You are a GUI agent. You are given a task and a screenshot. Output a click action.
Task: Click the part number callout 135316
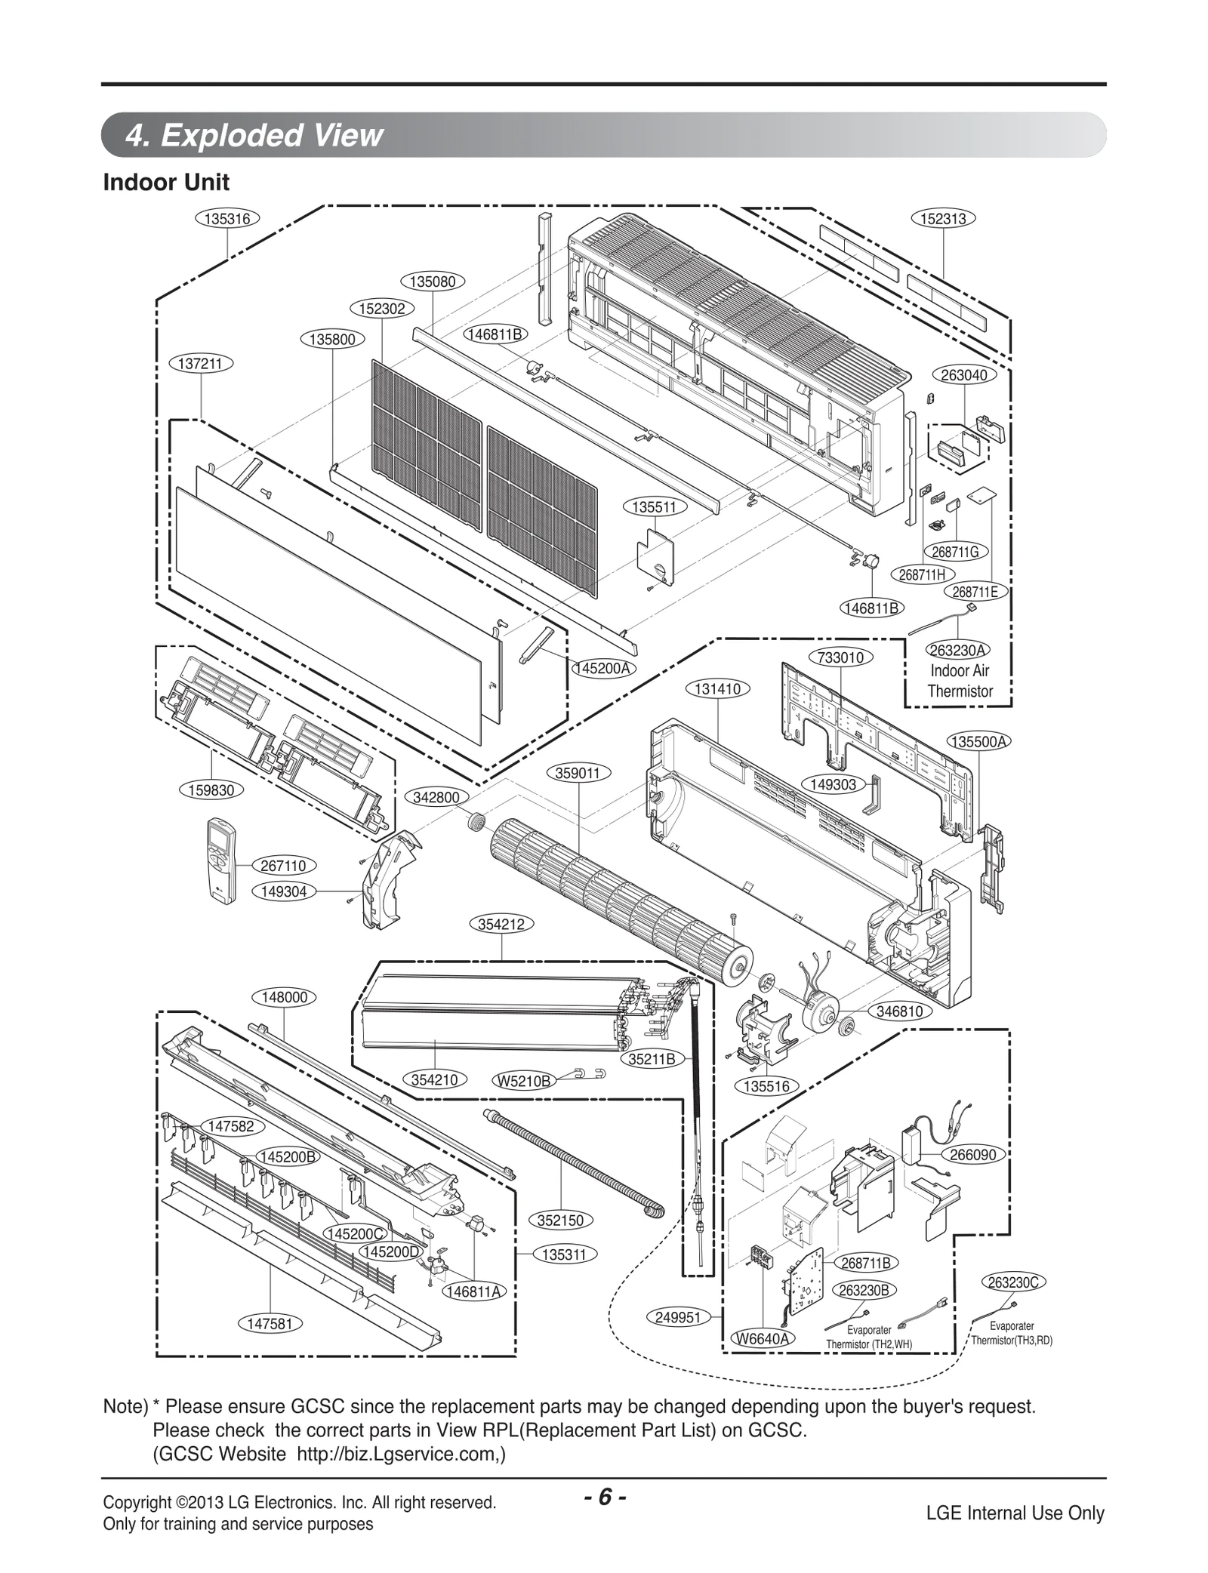(227, 219)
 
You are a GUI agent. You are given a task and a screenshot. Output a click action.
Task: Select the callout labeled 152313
(944, 219)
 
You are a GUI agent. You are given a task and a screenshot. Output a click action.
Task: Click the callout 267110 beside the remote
(284, 866)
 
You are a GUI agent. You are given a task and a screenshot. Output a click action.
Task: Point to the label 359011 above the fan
(578, 773)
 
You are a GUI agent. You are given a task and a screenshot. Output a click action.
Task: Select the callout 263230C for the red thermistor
(1013, 1282)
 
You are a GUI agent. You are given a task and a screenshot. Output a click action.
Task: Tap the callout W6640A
(763, 1339)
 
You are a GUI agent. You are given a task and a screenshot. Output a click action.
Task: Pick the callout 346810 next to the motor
(900, 1011)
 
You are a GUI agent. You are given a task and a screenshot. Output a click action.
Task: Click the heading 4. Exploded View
(254, 136)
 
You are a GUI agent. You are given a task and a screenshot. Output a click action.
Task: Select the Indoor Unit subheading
(166, 183)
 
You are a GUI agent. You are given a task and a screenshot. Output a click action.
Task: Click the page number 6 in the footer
(603, 1498)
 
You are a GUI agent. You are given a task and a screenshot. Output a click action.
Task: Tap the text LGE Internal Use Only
(1015, 1513)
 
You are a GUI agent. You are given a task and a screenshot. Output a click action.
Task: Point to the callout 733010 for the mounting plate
(841, 657)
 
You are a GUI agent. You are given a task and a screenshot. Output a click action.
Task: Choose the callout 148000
(284, 997)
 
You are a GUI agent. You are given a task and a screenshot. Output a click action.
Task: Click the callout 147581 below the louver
(270, 1324)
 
